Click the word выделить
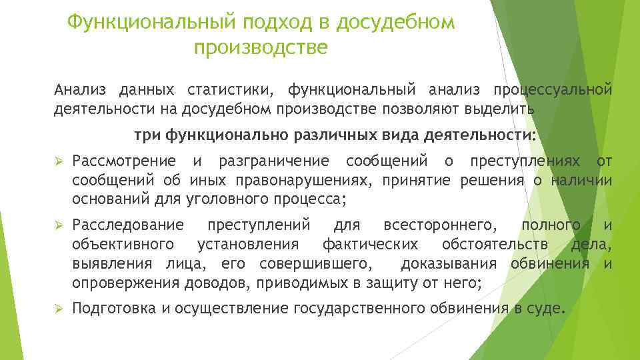(x=507, y=109)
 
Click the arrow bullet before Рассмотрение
(x=58, y=161)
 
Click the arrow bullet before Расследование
(x=58, y=226)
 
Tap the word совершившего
(x=316, y=263)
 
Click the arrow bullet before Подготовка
(x=58, y=309)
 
